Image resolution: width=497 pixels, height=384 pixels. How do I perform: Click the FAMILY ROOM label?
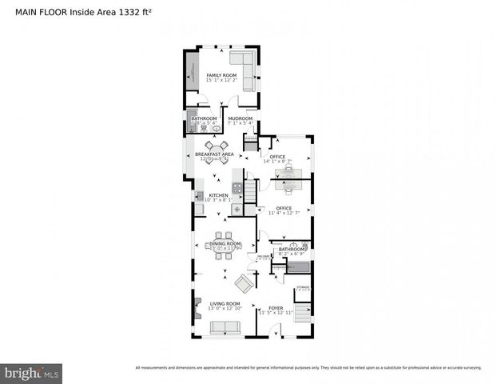point(222,75)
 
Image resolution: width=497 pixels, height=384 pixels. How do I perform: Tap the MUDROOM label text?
point(241,118)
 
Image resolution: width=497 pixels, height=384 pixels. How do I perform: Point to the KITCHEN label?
point(219,195)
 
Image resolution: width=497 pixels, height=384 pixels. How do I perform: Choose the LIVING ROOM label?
point(225,304)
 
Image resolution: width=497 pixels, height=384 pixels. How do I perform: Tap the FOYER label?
point(276,307)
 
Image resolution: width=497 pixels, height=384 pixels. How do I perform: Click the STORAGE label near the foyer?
point(303,286)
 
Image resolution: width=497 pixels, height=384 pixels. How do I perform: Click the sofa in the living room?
point(225,327)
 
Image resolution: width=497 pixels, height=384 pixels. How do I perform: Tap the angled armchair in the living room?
point(243,282)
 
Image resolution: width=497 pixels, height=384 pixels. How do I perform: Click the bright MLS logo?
point(32,373)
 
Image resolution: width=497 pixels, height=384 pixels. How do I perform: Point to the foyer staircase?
point(303,314)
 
